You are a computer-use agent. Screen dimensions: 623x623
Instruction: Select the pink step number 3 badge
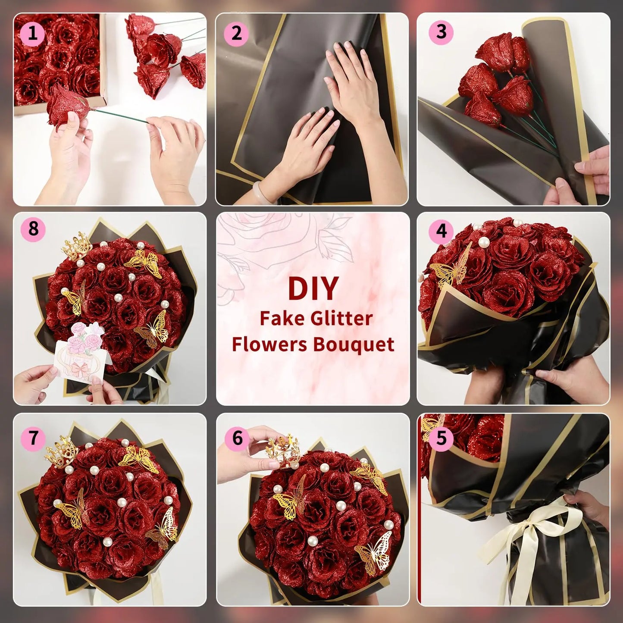pos(441,32)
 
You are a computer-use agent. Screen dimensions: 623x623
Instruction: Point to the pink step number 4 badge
pos(441,232)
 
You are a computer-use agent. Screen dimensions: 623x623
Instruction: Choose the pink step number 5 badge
pos(441,438)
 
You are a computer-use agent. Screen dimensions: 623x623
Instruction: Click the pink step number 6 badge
pos(237,438)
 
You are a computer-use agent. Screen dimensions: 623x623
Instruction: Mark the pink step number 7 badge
pos(33,438)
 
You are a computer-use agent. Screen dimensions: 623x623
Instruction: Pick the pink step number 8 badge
pos(33,229)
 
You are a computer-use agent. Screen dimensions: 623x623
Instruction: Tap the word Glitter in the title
pos(341,319)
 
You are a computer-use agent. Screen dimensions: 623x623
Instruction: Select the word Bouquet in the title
pos(354,344)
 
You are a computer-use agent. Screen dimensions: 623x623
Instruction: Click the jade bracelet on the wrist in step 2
pos(261,192)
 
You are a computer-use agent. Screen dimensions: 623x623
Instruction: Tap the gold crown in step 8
pos(77,246)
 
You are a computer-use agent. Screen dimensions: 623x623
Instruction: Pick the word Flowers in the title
pos(269,344)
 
